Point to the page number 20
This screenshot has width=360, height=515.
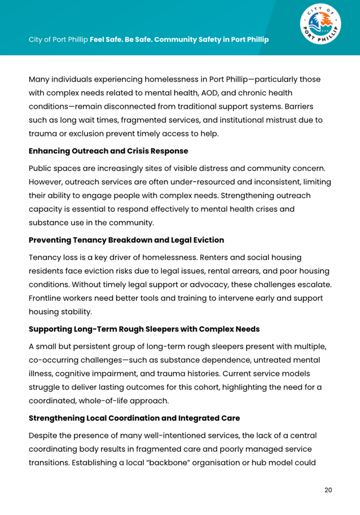328,490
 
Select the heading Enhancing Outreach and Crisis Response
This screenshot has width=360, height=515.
108,151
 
